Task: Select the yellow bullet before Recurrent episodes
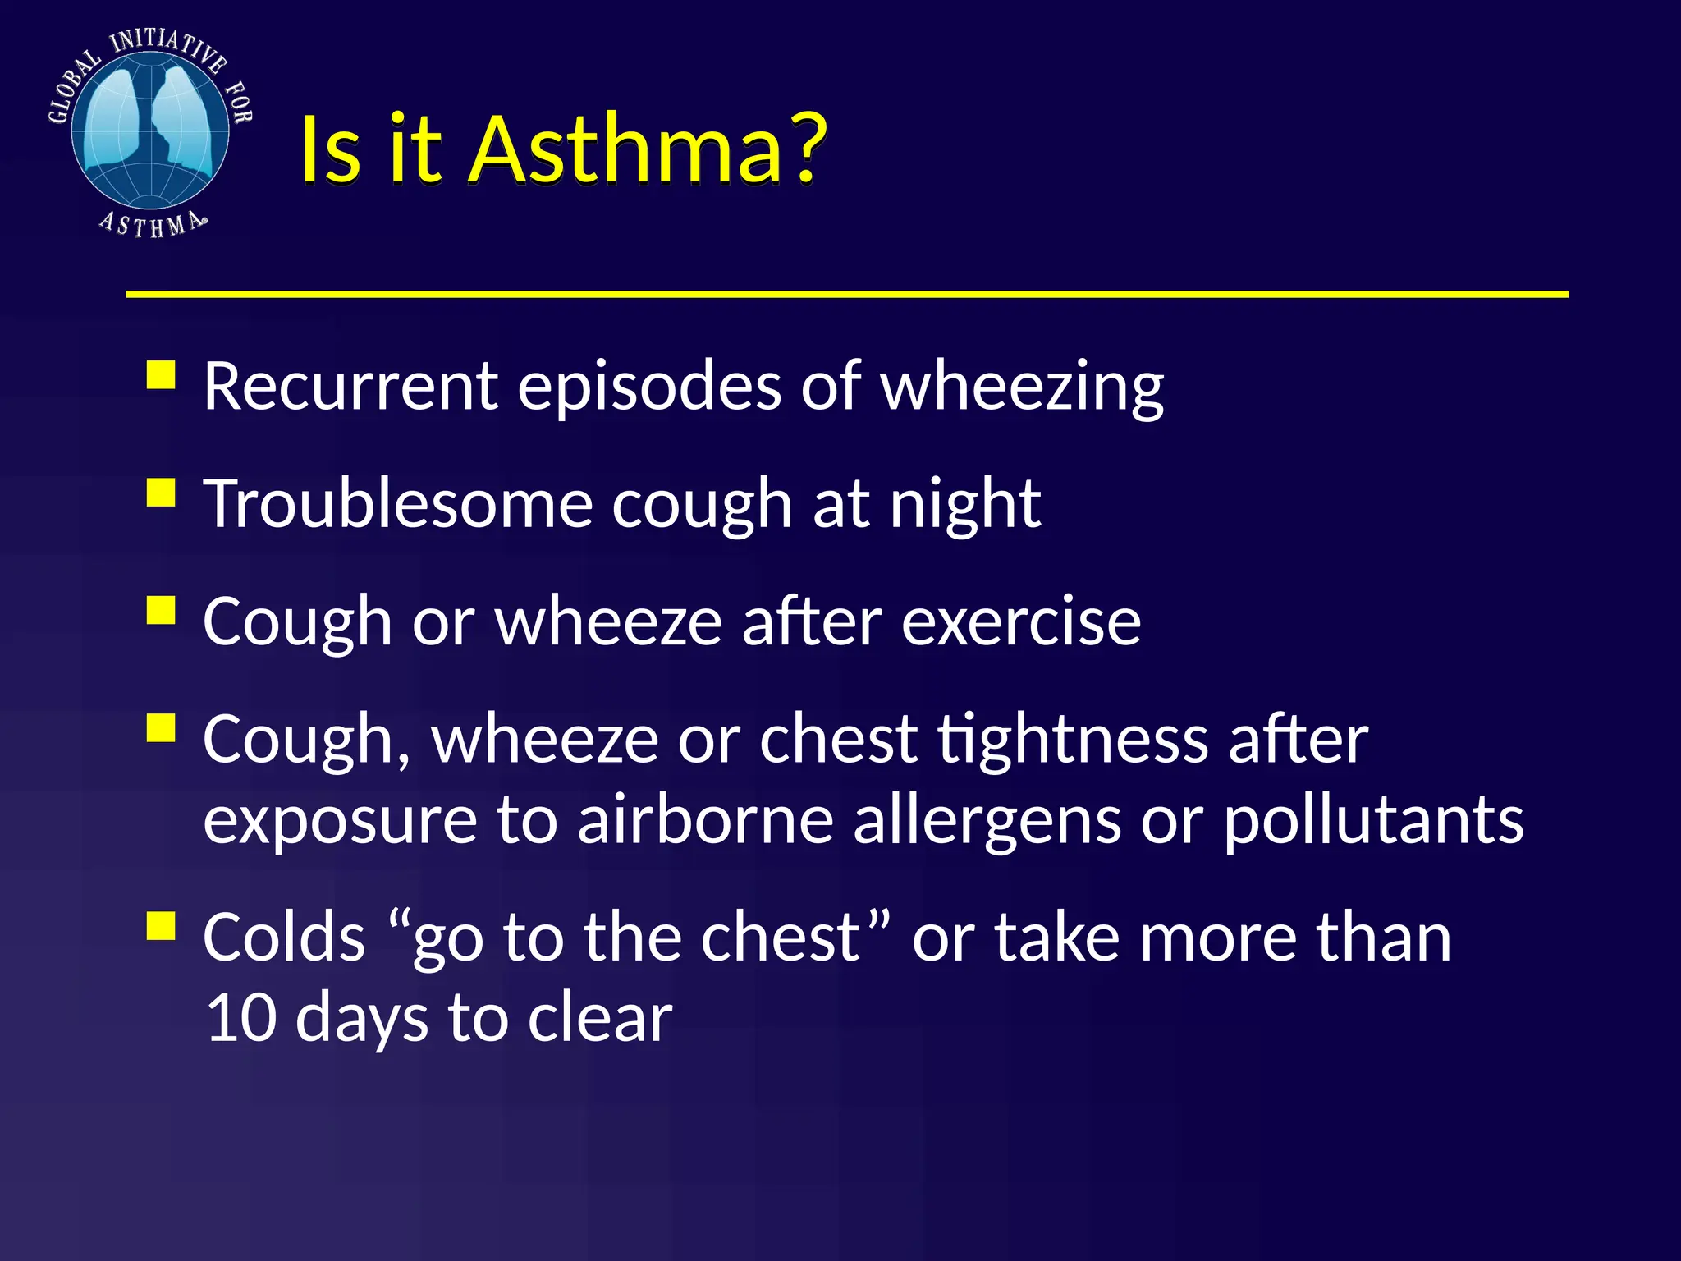coord(162,375)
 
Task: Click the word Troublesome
coord(398,503)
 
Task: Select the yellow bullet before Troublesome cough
coord(162,493)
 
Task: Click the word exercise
coord(1021,621)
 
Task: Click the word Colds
coord(284,938)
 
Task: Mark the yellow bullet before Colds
coord(162,926)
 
